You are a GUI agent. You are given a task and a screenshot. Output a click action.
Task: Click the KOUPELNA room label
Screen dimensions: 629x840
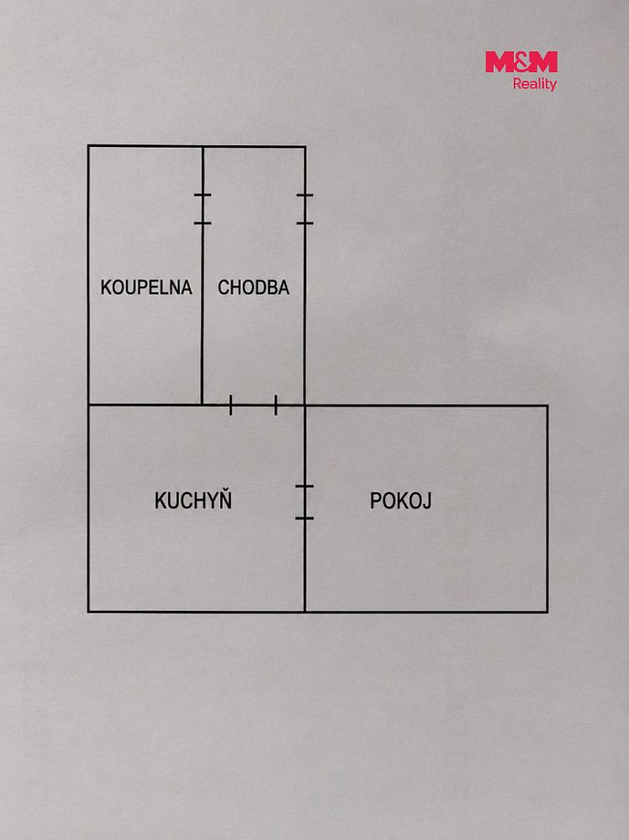tap(146, 287)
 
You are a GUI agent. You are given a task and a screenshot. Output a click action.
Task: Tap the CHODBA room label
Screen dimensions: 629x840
tap(253, 287)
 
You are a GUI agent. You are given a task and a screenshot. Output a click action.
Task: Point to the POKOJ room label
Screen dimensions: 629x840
tap(400, 501)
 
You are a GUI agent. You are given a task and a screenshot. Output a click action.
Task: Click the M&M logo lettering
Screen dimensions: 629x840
tap(521, 61)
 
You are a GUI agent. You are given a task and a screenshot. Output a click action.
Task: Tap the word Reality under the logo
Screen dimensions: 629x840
tap(535, 84)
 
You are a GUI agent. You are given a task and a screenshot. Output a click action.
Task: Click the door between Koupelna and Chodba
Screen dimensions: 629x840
tap(203, 209)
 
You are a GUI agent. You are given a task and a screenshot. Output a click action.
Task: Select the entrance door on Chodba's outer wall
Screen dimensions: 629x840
tap(305, 209)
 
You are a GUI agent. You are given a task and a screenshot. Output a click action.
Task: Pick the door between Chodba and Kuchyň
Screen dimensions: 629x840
tap(253, 406)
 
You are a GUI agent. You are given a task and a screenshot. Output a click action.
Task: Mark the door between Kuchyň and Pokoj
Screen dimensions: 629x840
tap(304, 502)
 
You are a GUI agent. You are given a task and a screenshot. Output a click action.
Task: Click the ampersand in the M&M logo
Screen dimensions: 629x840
tap(521, 61)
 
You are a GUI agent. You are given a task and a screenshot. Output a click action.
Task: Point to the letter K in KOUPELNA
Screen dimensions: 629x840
tap(106, 287)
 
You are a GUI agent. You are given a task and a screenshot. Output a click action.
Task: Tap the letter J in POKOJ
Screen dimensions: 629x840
tap(427, 501)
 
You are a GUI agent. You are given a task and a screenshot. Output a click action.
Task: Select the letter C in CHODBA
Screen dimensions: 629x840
tap(223, 287)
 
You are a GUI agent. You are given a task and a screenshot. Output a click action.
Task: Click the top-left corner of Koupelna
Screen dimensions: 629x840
tap(88, 145)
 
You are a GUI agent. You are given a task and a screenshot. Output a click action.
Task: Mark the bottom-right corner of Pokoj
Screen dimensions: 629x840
tap(547, 612)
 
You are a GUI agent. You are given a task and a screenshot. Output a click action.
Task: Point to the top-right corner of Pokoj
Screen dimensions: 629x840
tap(547, 406)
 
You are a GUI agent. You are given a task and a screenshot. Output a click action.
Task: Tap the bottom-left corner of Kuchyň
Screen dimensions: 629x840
tap(88, 612)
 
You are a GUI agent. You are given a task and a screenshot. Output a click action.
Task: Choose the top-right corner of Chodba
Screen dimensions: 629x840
tap(305, 146)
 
